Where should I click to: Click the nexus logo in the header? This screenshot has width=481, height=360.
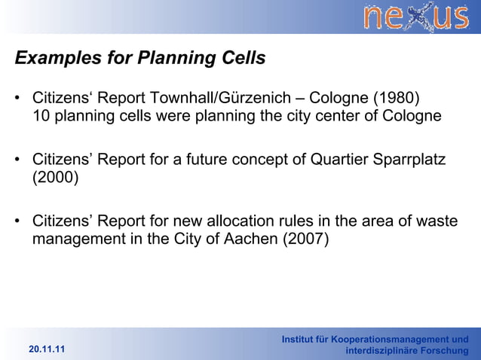coord(417,17)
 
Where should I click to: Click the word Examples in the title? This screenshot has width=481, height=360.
coord(52,58)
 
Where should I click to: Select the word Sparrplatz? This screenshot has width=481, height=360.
coord(408,160)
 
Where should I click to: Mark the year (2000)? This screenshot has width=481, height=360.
coord(55,178)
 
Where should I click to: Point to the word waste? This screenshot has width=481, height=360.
coord(437,222)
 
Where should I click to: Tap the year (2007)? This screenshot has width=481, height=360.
coord(308,240)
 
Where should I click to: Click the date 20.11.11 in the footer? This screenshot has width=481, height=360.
coord(47,350)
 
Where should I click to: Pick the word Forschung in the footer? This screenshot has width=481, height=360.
coord(441,351)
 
